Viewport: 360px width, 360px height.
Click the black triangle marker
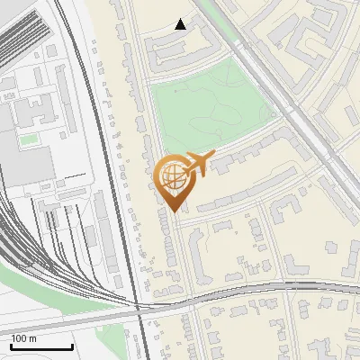point(181,24)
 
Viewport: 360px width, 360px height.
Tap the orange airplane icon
point(199,164)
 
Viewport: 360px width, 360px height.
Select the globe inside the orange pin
point(170,176)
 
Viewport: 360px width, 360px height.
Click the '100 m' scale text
point(24,338)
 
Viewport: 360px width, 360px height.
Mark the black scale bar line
point(41,346)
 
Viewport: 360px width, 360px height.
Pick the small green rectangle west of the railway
point(30,139)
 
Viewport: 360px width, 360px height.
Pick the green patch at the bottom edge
point(112,340)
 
